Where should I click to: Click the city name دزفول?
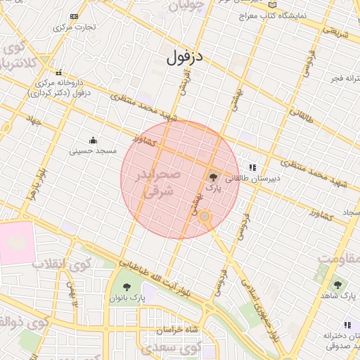pos(186,58)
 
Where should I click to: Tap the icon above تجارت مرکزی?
pos(75,16)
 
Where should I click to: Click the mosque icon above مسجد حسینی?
pos(93,139)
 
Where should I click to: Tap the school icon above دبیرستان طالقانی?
pos(252,167)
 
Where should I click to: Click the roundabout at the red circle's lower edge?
pos(205,218)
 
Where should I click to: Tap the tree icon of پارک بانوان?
pos(127,287)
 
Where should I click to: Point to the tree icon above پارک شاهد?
pos(337,285)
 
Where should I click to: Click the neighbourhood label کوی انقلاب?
pos(62,265)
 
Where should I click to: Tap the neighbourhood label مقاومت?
pos(337,256)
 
